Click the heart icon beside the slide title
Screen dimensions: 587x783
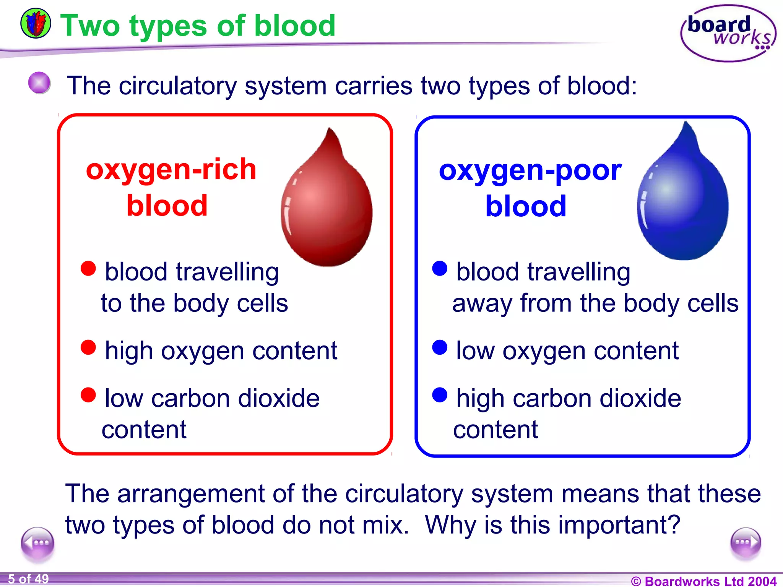point(36,24)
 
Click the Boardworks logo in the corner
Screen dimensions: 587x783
point(728,34)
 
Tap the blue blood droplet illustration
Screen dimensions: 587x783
point(683,197)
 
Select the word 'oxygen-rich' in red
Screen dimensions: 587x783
point(171,169)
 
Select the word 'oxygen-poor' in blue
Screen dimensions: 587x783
point(530,170)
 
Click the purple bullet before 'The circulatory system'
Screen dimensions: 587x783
point(39,83)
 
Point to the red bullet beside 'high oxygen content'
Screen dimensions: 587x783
point(88,347)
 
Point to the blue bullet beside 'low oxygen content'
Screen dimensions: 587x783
point(440,347)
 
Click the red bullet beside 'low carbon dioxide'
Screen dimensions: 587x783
point(88,395)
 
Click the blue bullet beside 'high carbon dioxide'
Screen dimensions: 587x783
point(440,395)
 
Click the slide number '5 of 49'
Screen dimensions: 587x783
point(28,579)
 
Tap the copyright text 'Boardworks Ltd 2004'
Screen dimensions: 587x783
point(704,581)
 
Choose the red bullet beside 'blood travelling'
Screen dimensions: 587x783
point(88,268)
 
